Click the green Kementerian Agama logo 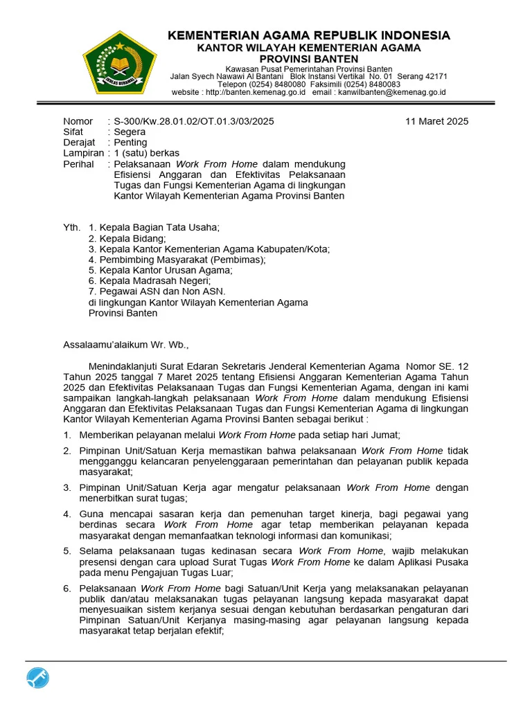pyautogui.click(x=119, y=63)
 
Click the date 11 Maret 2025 pyautogui.click(x=436, y=121)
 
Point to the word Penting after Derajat pyautogui.click(x=131, y=143)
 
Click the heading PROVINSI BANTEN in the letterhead pyautogui.click(x=309, y=60)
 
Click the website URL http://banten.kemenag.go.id pyautogui.click(x=255, y=92)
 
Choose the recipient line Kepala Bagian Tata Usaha pyautogui.click(x=159, y=227)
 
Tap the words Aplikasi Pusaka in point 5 pyautogui.click(x=431, y=562)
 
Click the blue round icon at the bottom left pyautogui.click(x=38, y=679)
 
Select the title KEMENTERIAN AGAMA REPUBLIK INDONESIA pyautogui.click(x=309, y=35)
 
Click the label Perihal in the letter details pyautogui.click(x=78, y=164)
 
